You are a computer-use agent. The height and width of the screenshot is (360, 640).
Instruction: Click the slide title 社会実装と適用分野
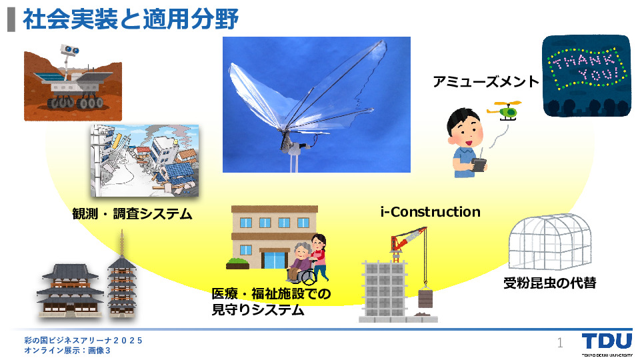coord(131,19)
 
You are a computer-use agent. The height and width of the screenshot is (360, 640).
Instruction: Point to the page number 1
coord(560,343)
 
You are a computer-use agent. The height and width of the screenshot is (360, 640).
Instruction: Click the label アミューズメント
coord(486,81)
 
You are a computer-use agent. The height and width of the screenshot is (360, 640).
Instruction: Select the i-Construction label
coord(430,212)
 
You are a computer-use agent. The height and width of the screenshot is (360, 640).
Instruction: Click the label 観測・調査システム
coord(132,213)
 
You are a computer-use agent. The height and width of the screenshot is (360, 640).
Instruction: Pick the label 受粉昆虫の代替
coord(550,283)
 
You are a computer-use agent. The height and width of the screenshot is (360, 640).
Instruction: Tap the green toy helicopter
coord(505,111)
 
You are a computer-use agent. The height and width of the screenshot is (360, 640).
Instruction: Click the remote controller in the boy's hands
coord(480,164)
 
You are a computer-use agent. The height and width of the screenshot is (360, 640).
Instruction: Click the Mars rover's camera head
coord(70,50)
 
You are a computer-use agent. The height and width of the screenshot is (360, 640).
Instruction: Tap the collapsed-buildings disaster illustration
coord(145,161)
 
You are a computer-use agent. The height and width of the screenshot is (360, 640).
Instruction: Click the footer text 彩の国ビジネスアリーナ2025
coord(83,340)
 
